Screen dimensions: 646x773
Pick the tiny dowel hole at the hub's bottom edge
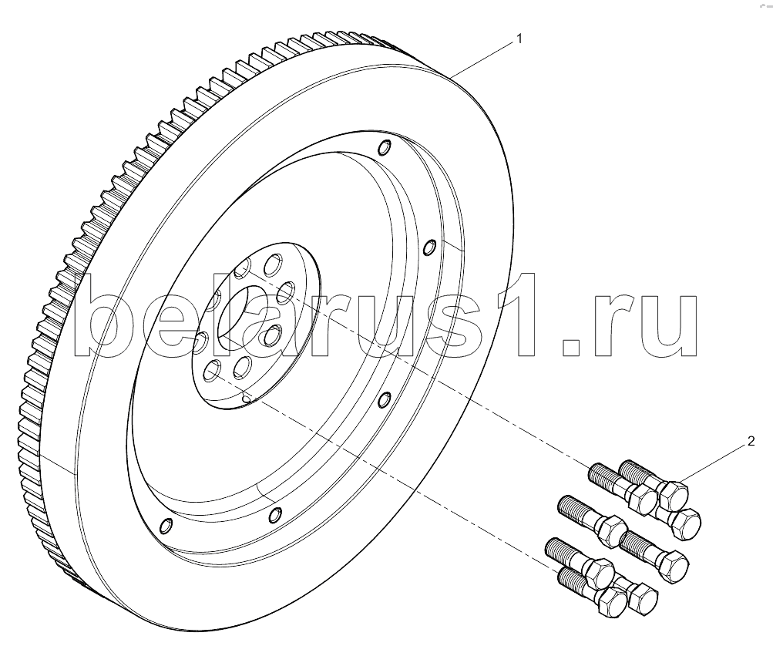tap(246, 398)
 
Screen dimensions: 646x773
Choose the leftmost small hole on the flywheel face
tap(164, 527)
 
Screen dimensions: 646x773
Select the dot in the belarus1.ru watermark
tap(571, 348)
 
